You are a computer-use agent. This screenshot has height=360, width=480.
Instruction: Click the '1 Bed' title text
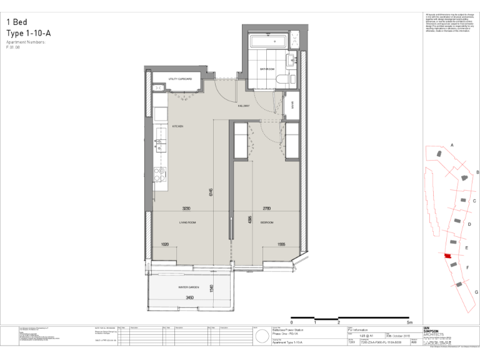pyautogui.click(x=17, y=21)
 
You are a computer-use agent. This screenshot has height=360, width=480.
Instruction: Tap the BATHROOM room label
pyautogui.click(x=267, y=69)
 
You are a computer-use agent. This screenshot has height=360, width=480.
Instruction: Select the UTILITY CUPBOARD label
pyautogui.click(x=180, y=79)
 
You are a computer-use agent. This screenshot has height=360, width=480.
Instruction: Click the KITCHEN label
pyautogui.click(x=177, y=126)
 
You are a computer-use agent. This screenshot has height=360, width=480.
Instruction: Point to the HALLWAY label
pyautogui.click(x=244, y=106)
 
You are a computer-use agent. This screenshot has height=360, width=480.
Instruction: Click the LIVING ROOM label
pyautogui.click(x=187, y=222)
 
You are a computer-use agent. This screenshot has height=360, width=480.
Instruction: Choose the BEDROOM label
pyautogui.click(x=267, y=222)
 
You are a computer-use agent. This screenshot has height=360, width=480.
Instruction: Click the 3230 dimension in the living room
pyautogui.click(x=186, y=208)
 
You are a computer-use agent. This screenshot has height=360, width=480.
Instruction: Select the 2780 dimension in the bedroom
pyautogui.click(x=267, y=208)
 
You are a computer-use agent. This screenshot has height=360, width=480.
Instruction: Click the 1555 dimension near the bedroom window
pyautogui.click(x=281, y=244)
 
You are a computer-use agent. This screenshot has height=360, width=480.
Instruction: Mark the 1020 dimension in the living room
pyautogui.click(x=165, y=244)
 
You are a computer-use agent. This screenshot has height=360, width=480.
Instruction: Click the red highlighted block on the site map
pyautogui.click(x=447, y=256)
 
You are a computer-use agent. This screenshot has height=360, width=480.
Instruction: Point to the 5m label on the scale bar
pyautogui.click(x=409, y=322)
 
